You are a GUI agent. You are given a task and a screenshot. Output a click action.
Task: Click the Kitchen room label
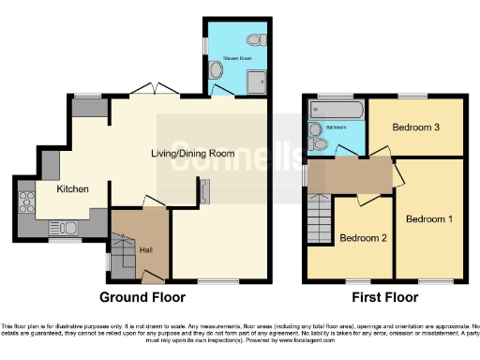point(72,188)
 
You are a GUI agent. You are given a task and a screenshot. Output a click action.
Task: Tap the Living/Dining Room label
point(193,153)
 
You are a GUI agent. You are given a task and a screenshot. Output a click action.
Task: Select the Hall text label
point(145,248)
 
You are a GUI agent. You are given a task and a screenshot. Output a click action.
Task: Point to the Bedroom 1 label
point(429,218)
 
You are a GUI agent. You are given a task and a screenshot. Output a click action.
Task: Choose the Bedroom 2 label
point(363,237)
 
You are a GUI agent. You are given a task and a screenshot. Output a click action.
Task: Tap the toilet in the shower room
point(254,40)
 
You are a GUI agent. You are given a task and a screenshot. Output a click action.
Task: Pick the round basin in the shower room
point(217,68)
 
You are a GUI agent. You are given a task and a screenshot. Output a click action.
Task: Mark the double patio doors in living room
point(155,91)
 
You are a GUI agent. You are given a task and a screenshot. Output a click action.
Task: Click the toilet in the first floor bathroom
point(321,143)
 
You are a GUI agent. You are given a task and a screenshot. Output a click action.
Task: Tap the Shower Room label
point(238,58)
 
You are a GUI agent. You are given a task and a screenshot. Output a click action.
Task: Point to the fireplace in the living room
point(203,192)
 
